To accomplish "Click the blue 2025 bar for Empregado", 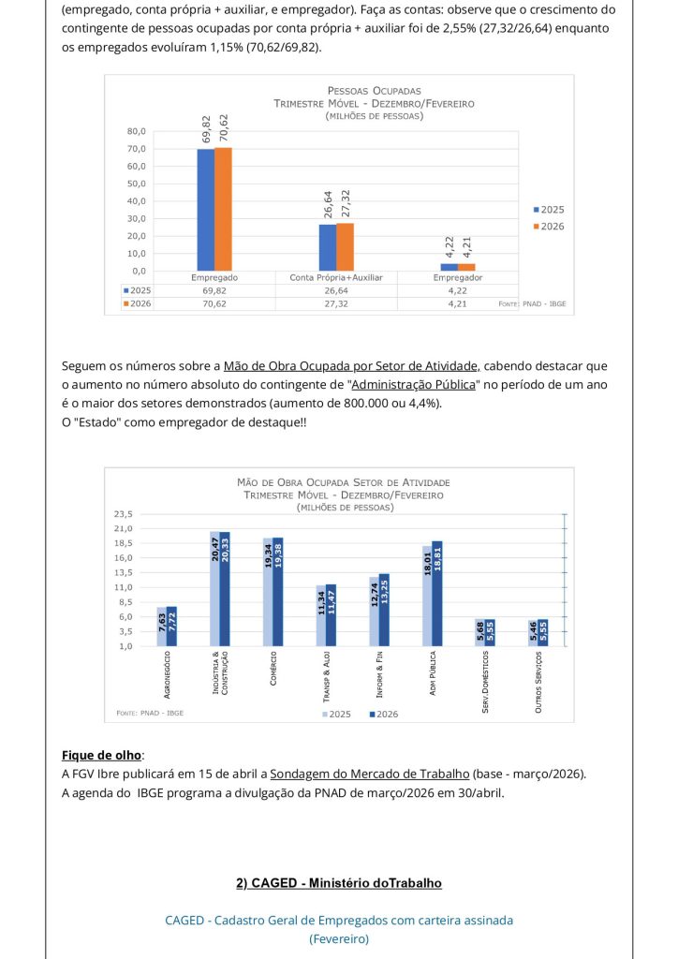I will click(205, 210).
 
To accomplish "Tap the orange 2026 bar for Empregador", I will click(466, 267).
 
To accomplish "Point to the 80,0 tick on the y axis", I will click(137, 131).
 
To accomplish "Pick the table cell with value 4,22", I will click(457, 290).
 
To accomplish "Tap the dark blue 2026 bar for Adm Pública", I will click(437, 593).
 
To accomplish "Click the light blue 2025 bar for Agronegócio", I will click(161, 626).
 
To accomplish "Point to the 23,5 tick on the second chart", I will click(124, 514).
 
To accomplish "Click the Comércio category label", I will click(273, 669).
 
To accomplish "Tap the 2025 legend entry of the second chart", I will click(336, 714).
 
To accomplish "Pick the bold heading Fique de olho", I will click(103, 755).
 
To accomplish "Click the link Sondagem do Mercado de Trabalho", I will click(369, 774).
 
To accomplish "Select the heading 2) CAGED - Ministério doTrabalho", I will click(338, 883).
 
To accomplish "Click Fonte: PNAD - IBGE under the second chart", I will click(150, 713).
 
